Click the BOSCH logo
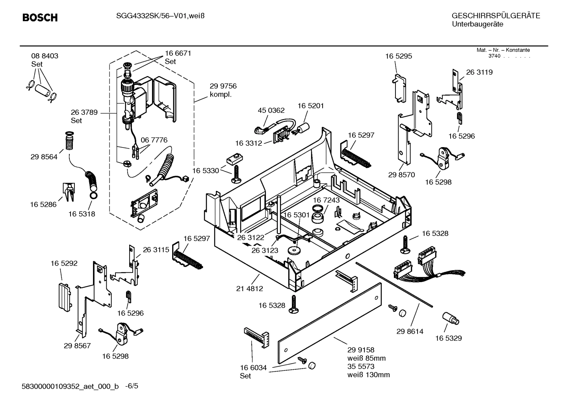pos(40,18)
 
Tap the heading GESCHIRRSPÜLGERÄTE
pos(496,16)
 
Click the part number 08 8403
pos(45,56)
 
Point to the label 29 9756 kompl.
pos(223,90)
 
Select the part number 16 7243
pos(326,200)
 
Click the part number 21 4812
pos(249,288)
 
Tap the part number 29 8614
pos(410,331)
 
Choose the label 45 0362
pos(271,110)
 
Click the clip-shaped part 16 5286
pos(69,191)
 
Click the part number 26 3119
pos(479,72)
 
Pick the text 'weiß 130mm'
pos(368,375)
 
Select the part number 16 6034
pos(253,368)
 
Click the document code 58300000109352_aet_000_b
pos(70,387)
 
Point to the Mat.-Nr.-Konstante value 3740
pos(494,56)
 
